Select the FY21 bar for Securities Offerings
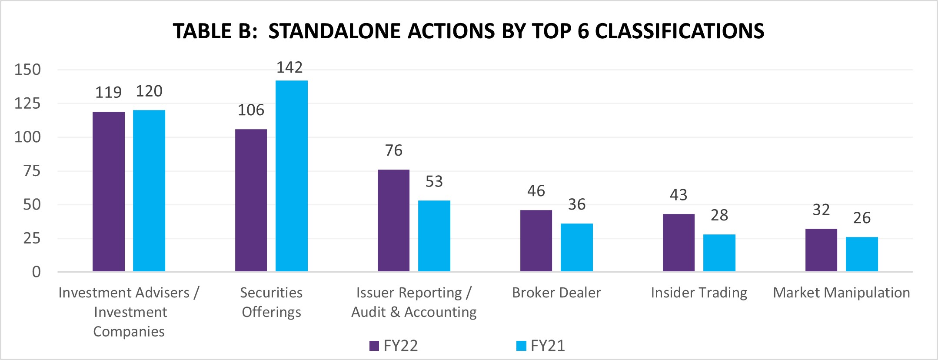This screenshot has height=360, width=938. (292, 176)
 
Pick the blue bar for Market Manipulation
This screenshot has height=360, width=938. (861, 254)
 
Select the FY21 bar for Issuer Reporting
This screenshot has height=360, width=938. (434, 236)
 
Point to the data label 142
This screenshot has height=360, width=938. (289, 67)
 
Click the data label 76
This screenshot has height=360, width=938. (394, 150)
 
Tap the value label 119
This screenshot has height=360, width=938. (108, 93)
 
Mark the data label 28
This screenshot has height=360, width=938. (719, 215)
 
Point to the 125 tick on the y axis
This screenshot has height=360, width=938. (27, 103)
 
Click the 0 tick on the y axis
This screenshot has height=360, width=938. (36, 272)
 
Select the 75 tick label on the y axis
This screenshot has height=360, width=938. (32, 171)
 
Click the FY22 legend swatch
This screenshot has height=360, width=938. (374, 346)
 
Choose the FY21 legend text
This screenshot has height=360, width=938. (548, 346)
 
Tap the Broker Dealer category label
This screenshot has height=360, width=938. (556, 293)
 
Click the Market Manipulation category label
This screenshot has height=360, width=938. (841, 293)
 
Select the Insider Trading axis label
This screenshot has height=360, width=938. (699, 293)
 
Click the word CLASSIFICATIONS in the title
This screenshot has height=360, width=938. (679, 31)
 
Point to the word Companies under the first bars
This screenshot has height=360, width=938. (129, 332)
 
